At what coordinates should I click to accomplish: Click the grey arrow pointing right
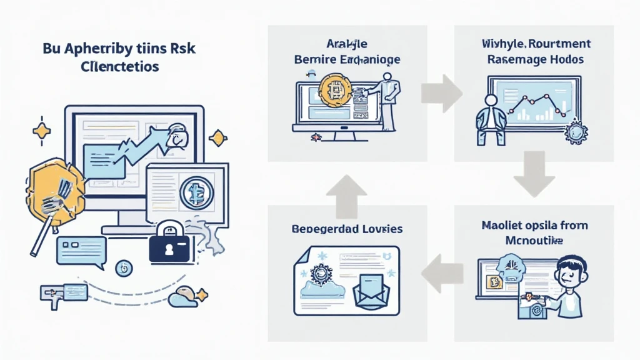(x=441, y=92)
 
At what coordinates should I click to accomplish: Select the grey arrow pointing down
(x=534, y=180)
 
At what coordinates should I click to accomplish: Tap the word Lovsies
(x=376, y=229)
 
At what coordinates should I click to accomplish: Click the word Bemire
(x=312, y=59)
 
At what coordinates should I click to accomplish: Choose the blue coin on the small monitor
(x=196, y=192)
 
